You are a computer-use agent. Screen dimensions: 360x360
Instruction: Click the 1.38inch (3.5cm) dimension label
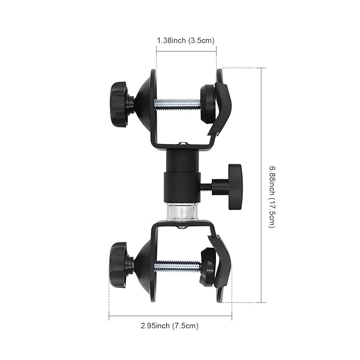pos(186,40)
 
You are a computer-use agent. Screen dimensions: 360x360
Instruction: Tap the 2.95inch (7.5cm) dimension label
pos(170,326)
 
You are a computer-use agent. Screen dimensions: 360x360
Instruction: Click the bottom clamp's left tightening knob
pos(118,265)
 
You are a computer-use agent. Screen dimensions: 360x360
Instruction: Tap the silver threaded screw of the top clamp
pos(177,104)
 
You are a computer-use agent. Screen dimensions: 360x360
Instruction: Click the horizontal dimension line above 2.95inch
pos(170,317)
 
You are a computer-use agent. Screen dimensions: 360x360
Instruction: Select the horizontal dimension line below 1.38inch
pos(186,51)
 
